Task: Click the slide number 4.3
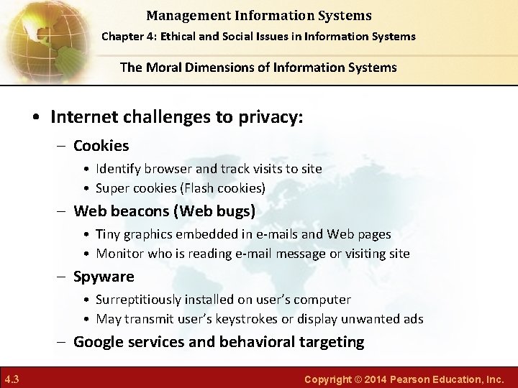pyautogui.click(x=12, y=379)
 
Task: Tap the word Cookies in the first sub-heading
pyautogui.click(x=101, y=146)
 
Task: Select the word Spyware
pyautogui.click(x=104, y=277)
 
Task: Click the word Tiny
pyautogui.click(x=109, y=234)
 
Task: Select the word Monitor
pyautogui.click(x=119, y=254)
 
